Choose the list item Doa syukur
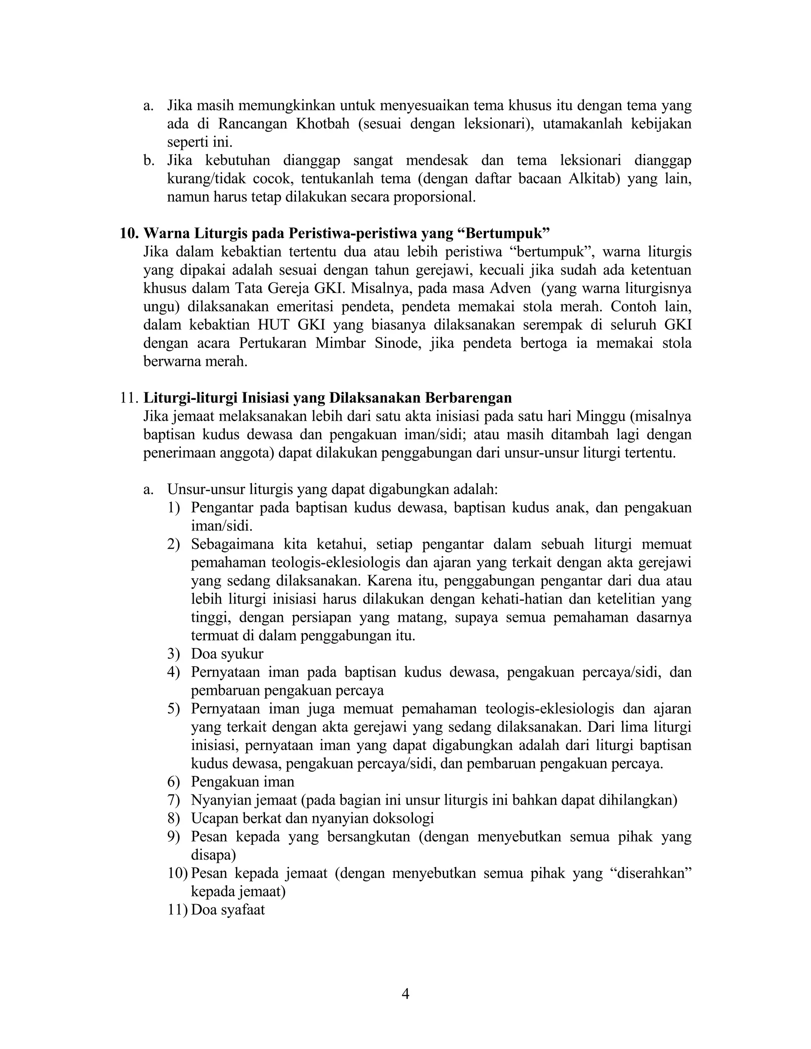227,654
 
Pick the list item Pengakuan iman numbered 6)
243,781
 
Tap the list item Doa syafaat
228,909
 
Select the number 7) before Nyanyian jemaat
173,800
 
